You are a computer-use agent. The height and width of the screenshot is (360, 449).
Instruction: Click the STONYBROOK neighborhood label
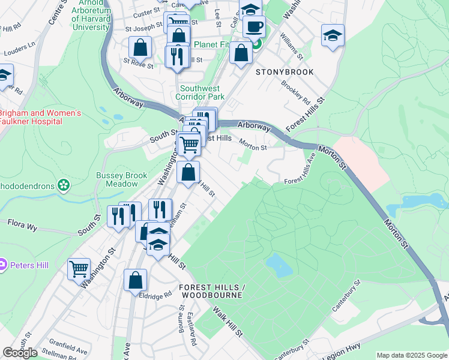(285, 72)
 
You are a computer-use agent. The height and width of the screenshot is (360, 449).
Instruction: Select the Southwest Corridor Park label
(200, 92)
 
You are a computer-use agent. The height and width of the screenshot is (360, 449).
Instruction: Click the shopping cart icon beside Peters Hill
(79, 269)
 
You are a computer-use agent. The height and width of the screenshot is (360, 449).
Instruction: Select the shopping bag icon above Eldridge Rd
(135, 280)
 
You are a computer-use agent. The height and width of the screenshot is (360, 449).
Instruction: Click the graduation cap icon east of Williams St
(332, 35)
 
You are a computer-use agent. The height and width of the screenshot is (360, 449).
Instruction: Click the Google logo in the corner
(20, 353)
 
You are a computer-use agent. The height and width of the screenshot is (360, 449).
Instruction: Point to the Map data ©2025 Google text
(412, 355)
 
